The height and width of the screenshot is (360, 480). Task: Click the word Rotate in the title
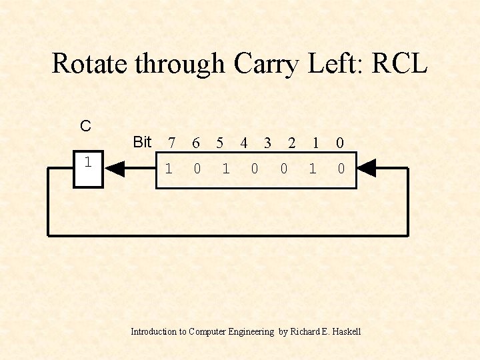coord(91,64)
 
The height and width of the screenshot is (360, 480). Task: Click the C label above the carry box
coord(85,126)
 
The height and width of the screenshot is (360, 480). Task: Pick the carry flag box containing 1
coord(87,169)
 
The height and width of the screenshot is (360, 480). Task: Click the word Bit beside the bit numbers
coord(142,142)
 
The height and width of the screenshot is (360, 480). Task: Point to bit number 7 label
coord(172,143)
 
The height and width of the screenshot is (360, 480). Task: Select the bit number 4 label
coord(244,143)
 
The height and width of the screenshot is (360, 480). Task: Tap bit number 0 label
coord(340,143)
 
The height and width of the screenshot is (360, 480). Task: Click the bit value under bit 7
coord(169,169)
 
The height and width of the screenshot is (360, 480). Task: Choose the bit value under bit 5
coord(225,169)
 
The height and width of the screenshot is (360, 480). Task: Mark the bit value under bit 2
coord(283,169)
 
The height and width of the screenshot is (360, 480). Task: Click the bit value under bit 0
coord(341,169)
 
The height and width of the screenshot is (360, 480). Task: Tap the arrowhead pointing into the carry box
coord(115,169)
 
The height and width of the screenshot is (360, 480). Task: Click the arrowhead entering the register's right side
coord(367,169)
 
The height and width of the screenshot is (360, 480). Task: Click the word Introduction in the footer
coord(153,331)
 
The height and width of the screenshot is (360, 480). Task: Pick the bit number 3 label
coord(267,143)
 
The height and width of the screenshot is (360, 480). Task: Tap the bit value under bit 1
coord(312,169)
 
